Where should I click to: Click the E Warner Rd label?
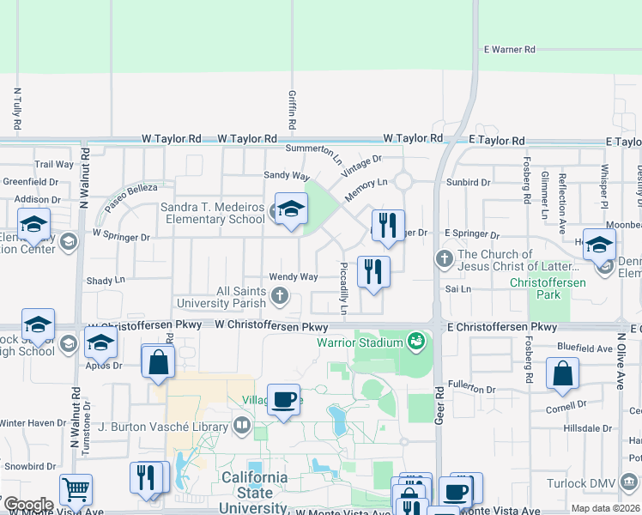(x=509, y=50)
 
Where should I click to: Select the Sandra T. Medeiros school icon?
(x=291, y=210)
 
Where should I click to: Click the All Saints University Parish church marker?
(x=279, y=297)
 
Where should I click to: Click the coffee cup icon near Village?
(x=283, y=399)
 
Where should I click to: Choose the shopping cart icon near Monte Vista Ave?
(x=76, y=489)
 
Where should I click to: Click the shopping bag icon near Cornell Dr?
(x=562, y=373)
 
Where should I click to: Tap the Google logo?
(x=27, y=505)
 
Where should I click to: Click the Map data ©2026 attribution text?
(x=605, y=508)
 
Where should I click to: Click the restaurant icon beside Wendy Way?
(x=373, y=271)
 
